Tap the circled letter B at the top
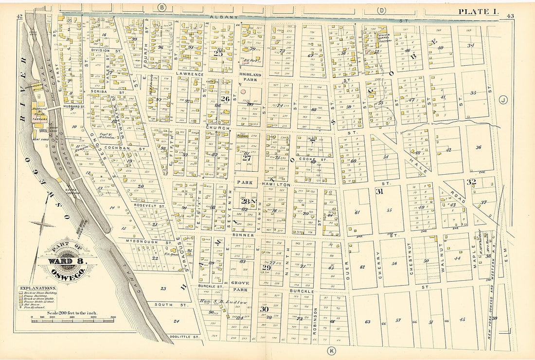pyautogui.click(x=162, y=7)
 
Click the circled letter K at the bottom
pyautogui.click(x=332, y=350)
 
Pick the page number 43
pyautogui.click(x=510, y=16)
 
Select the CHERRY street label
pyautogui.click(x=378, y=265)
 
